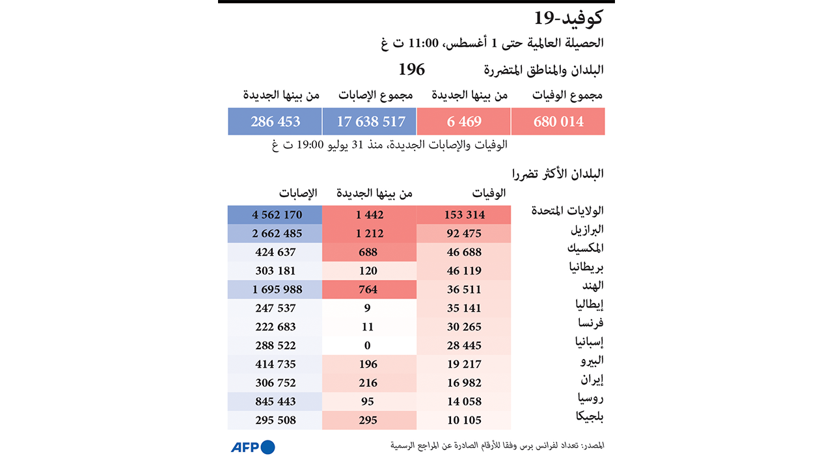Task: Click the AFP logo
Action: [253, 447]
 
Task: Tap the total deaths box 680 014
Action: [558, 122]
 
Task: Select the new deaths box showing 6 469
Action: [464, 122]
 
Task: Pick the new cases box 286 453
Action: [275, 122]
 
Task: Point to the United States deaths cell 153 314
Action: [464, 215]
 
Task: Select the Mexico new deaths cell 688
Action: [368, 252]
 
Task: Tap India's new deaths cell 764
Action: [368, 290]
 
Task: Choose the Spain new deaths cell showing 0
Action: [368, 345]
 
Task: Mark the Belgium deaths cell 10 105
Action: [464, 420]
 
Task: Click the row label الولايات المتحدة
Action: [567, 211]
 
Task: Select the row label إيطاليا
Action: [589, 304]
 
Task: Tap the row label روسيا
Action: [590, 397]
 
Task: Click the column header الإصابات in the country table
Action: [298, 193]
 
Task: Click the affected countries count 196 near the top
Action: [411, 70]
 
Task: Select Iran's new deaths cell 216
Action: [368, 383]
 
